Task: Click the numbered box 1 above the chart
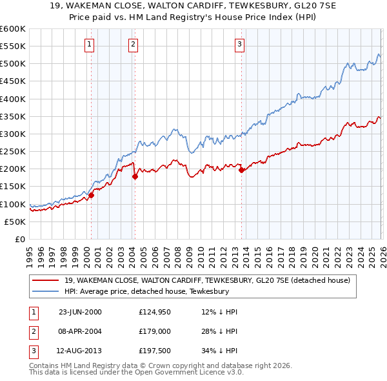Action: pos(88,44)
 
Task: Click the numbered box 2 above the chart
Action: pos(132,44)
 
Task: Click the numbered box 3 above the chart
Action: pos(239,44)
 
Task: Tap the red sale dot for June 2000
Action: pos(92,195)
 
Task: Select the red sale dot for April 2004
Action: pos(135,176)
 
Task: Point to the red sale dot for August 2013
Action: pos(241,170)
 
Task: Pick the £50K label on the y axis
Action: pos(15,221)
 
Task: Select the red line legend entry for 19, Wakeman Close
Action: pos(206,280)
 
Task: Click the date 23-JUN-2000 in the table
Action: pos(80,312)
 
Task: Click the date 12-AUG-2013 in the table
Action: pos(80,352)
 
